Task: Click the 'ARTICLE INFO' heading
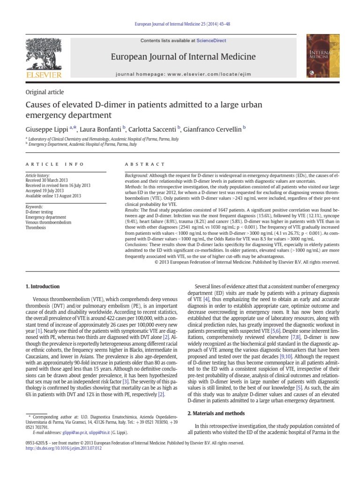[55, 165]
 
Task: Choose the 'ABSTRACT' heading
[145, 165]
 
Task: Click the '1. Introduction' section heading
[42, 286]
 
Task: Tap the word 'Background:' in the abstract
[137, 175]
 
